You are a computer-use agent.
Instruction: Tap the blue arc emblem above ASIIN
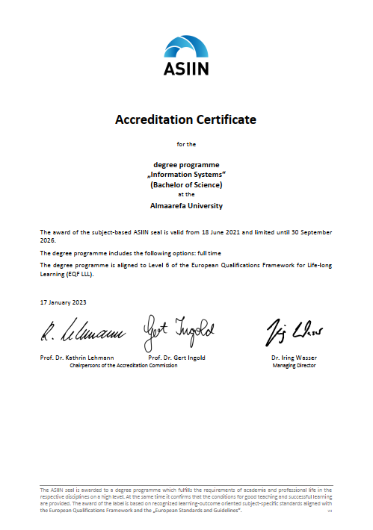point(185,46)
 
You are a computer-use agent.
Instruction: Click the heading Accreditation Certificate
point(185,119)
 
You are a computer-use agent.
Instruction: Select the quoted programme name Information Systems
point(185,173)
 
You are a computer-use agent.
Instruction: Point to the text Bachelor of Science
point(185,184)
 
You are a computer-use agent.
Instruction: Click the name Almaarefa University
point(185,205)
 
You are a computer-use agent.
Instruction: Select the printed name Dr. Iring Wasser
point(293,358)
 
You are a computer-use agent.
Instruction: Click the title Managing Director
point(293,366)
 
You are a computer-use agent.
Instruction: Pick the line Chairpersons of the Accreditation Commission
point(123,366)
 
